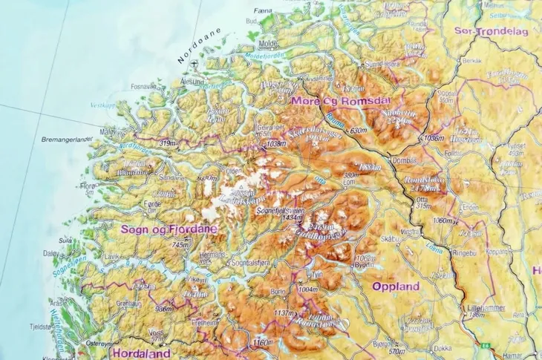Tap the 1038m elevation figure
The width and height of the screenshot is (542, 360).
[x=275, y=143]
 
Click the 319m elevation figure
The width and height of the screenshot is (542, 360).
[x=169, y=143]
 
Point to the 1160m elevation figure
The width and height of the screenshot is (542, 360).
[x=263, y=342]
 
